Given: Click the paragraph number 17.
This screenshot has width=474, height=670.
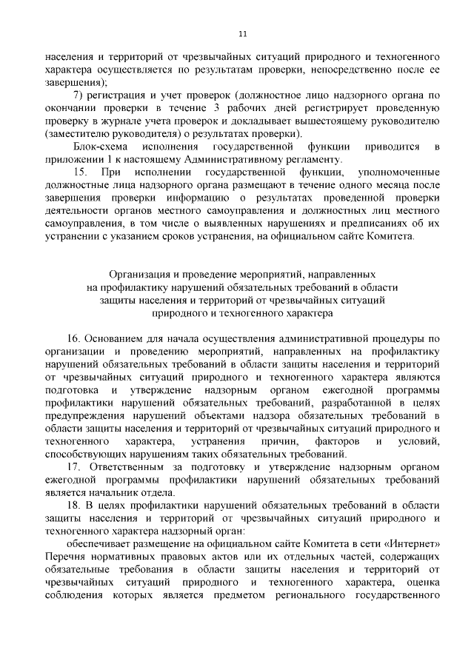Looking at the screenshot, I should click(x=76, y=468).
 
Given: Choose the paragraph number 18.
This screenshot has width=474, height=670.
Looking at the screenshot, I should click(x=76, y=506).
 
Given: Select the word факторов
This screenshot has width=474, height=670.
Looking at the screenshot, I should click(x=325, y=442).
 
